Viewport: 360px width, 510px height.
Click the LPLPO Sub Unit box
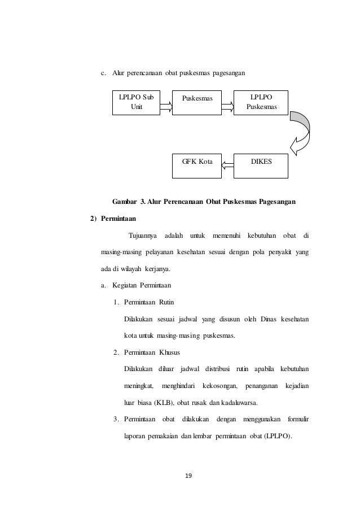135,102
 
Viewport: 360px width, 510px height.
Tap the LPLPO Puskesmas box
260,102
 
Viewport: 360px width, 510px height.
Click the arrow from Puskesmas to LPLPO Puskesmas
227,104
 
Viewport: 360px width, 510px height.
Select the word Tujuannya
143,235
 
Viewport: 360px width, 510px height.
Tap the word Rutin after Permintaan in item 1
170,302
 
